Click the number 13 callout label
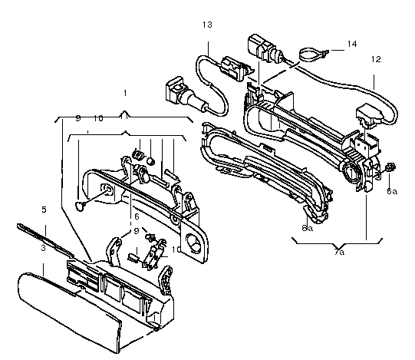(207, 25)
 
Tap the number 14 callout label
(352, 44)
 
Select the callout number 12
(376, 59)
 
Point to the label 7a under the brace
(339, 252)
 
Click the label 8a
(308, 228)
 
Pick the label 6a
(392, 191)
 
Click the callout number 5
(44, 210)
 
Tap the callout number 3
(44, 248)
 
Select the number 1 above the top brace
(125, 93)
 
